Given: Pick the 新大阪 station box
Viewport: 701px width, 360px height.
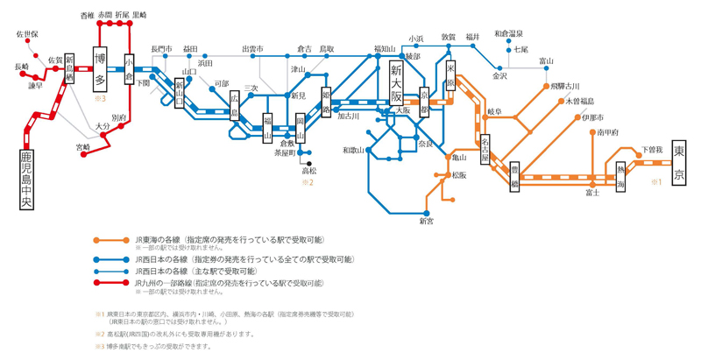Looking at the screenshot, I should [x=396, y=81].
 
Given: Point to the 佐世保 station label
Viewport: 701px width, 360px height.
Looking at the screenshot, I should [x=27, y=34].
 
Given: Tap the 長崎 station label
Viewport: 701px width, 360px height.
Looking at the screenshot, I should [x=22, y=67].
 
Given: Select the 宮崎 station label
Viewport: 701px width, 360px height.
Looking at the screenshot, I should [x=82, y=147].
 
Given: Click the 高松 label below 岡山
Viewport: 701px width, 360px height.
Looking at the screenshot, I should [x=308, y=172].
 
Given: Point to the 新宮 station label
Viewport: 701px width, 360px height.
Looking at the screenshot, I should [x=426, y=222].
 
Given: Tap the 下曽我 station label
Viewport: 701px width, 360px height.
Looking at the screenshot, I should [x=652, y=150].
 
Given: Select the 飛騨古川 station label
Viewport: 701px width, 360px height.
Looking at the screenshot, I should [x=565, y=87].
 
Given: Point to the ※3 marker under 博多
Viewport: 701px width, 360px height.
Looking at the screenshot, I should [x=100, y=98].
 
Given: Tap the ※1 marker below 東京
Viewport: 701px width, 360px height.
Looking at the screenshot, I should [x=657, y=182].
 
